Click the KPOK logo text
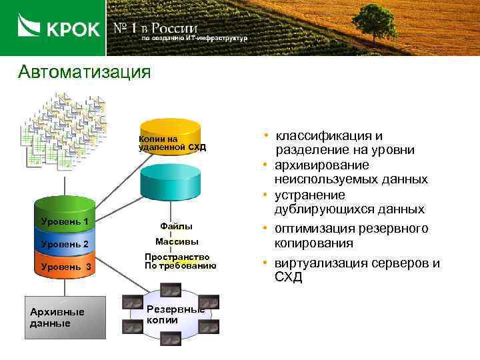[73, 29]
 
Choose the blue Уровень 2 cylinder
[65, 243]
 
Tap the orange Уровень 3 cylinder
[65, 267]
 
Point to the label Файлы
[177, 227]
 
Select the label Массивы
[177, 241]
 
